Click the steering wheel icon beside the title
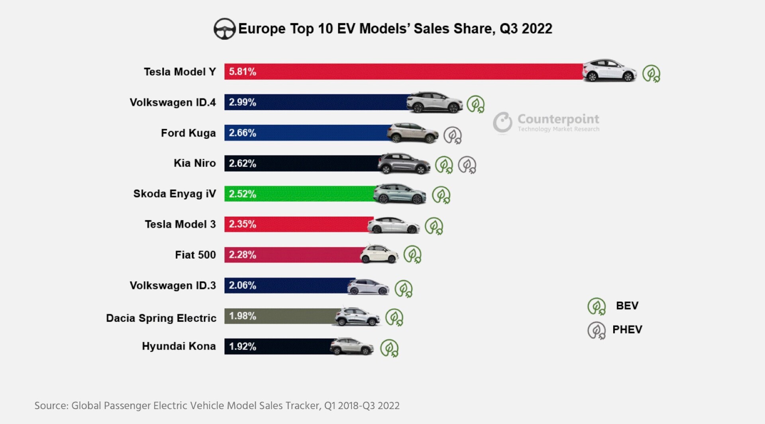(224, 29)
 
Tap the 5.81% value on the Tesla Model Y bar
(242, 72)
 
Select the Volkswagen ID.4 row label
(173, 102)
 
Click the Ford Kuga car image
(412, 133)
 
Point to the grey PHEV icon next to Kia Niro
(467, 165)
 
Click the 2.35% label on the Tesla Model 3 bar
(242, 224)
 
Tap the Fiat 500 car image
(379, 254)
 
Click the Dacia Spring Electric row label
(161, 318)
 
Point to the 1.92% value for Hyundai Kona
(242, 346)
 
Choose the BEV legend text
(627, 306)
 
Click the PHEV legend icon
(596, 330)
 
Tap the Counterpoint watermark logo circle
(502, 122)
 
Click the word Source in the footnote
(51, 406)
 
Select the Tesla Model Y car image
(609, 71)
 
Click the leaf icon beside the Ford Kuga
(453, 135)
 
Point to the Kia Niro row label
(194, 163)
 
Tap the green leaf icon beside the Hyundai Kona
(389, 348)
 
